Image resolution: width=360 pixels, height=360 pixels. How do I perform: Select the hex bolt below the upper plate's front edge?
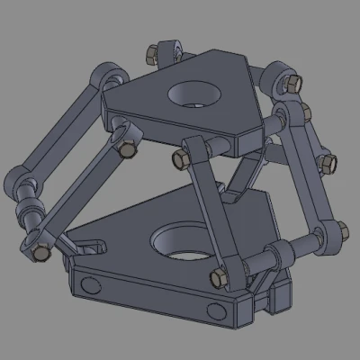(179, 160)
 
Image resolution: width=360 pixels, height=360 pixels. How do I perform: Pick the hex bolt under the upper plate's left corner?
(121, 148)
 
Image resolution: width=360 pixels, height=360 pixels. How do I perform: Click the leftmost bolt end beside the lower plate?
(40, 255)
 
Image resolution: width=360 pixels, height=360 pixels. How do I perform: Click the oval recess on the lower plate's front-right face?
(217, 311)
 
